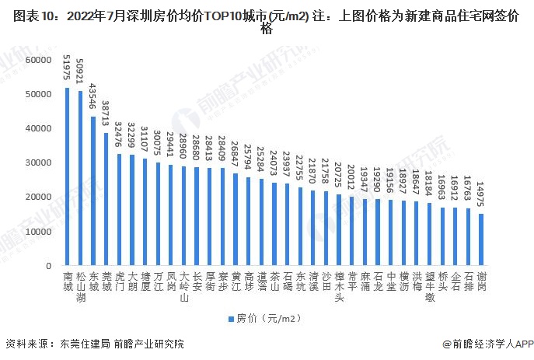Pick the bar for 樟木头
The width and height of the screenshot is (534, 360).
(x=338, y=229)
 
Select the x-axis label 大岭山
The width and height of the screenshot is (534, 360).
(x=184, y=285)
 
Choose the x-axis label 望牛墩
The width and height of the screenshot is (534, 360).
(x=429, y=285)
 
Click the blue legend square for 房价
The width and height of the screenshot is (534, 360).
(x=230, y=318)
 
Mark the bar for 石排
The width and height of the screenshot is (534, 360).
(x=468, y=236)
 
